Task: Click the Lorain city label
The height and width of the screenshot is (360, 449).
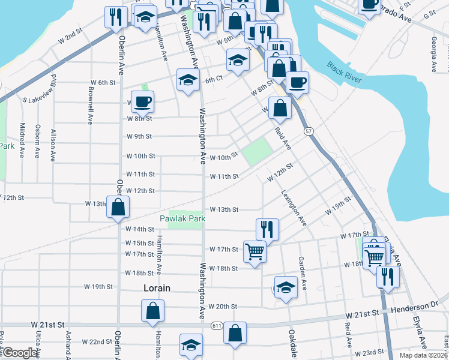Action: (x=157, y=288)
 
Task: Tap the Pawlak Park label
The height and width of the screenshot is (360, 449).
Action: (x=182, y=219)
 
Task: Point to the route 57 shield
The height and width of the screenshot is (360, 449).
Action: (x=309, y=131)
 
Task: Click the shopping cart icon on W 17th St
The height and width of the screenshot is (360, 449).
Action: (x=255, y=251)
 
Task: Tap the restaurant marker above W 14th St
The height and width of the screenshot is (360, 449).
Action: (x=267, y=229)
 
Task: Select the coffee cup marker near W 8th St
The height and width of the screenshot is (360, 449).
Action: (x=142, y=101)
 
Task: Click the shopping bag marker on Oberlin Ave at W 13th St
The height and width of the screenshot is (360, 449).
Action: (x=118, y=208)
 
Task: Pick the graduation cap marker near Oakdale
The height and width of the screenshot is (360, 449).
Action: (x=286, y=287)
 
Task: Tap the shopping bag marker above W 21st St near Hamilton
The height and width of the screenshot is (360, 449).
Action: (x=153, y=310)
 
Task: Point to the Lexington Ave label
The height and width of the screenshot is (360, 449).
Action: (x=294, y=208)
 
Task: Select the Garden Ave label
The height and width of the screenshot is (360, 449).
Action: (x=302, y=274)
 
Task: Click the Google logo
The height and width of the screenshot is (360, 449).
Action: (x=20, y=353)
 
